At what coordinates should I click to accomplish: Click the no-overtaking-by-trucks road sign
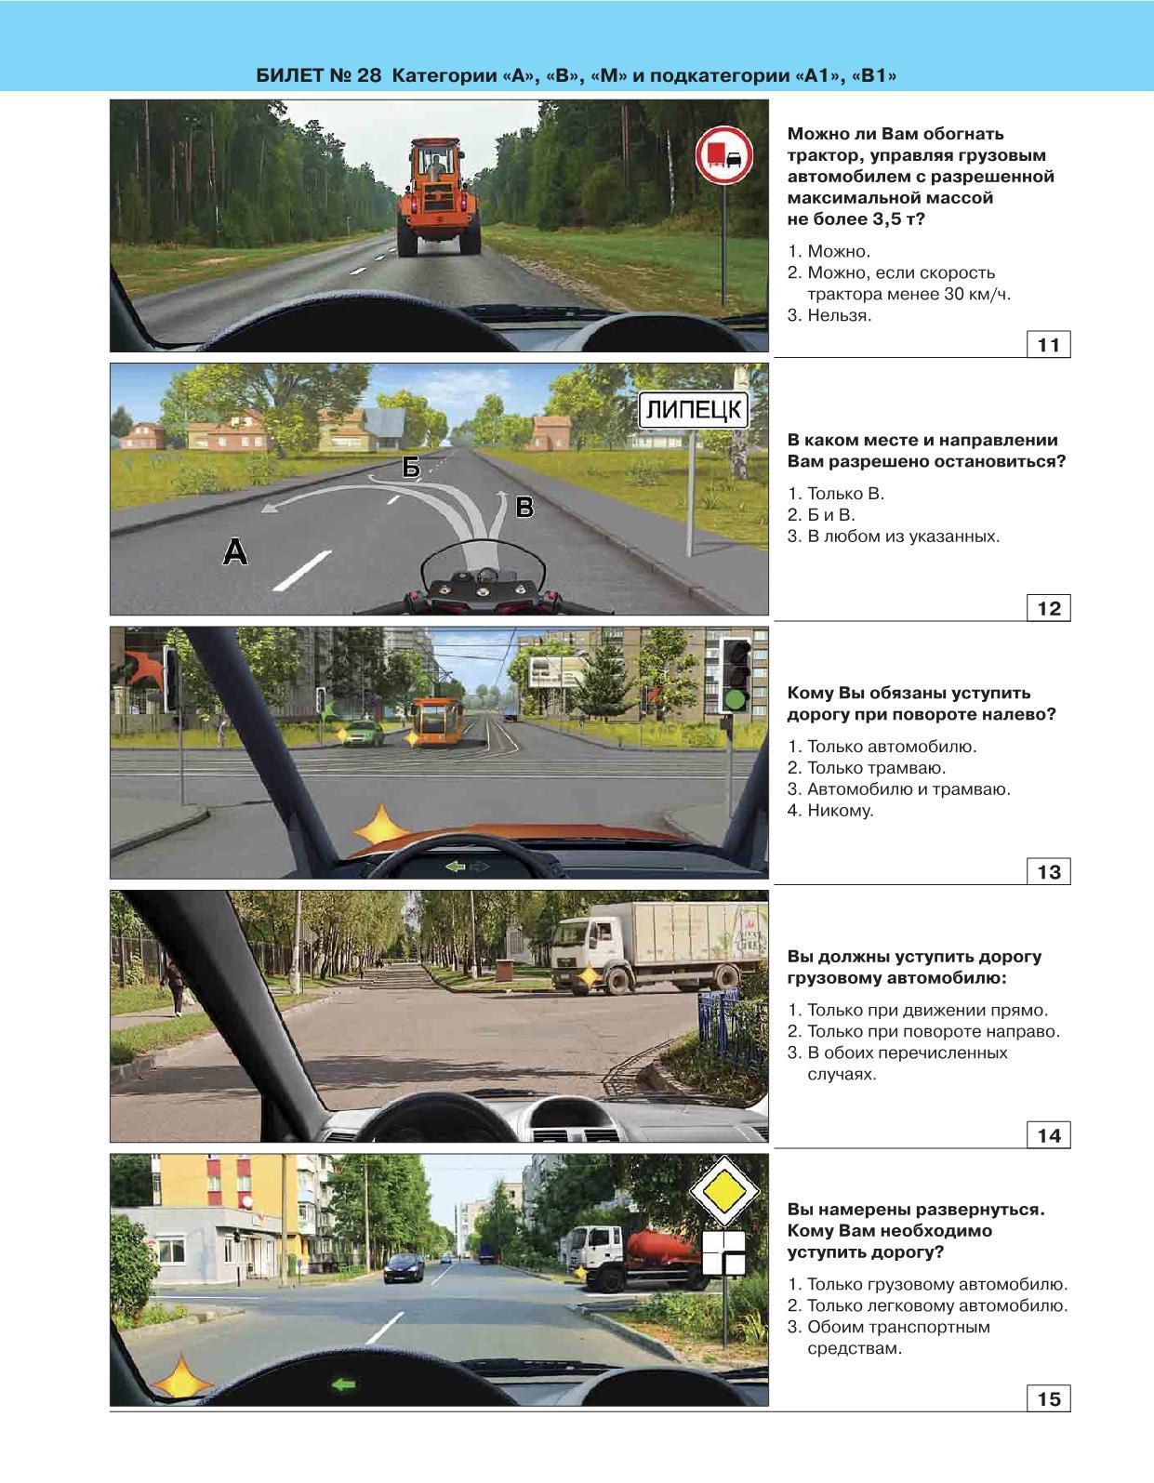[724, 155]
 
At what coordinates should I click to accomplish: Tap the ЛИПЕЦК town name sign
[694, 409]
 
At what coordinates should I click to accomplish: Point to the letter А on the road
[235, 551]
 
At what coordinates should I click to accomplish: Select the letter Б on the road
[411, 468]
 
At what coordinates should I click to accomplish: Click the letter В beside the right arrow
[524, 507]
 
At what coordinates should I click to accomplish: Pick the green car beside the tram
[362, 734]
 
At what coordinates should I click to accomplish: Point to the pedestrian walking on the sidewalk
[173, 986]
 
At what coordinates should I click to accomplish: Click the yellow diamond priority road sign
[724, 1191]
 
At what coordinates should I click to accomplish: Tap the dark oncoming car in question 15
[404, 1268]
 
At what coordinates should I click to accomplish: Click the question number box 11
[1048, 345]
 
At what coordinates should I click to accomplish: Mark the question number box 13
[1048, 871]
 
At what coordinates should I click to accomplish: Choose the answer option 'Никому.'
[829, 811]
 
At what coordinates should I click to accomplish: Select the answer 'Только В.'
[835, 494]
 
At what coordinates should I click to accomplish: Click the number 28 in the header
[368, 75]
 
